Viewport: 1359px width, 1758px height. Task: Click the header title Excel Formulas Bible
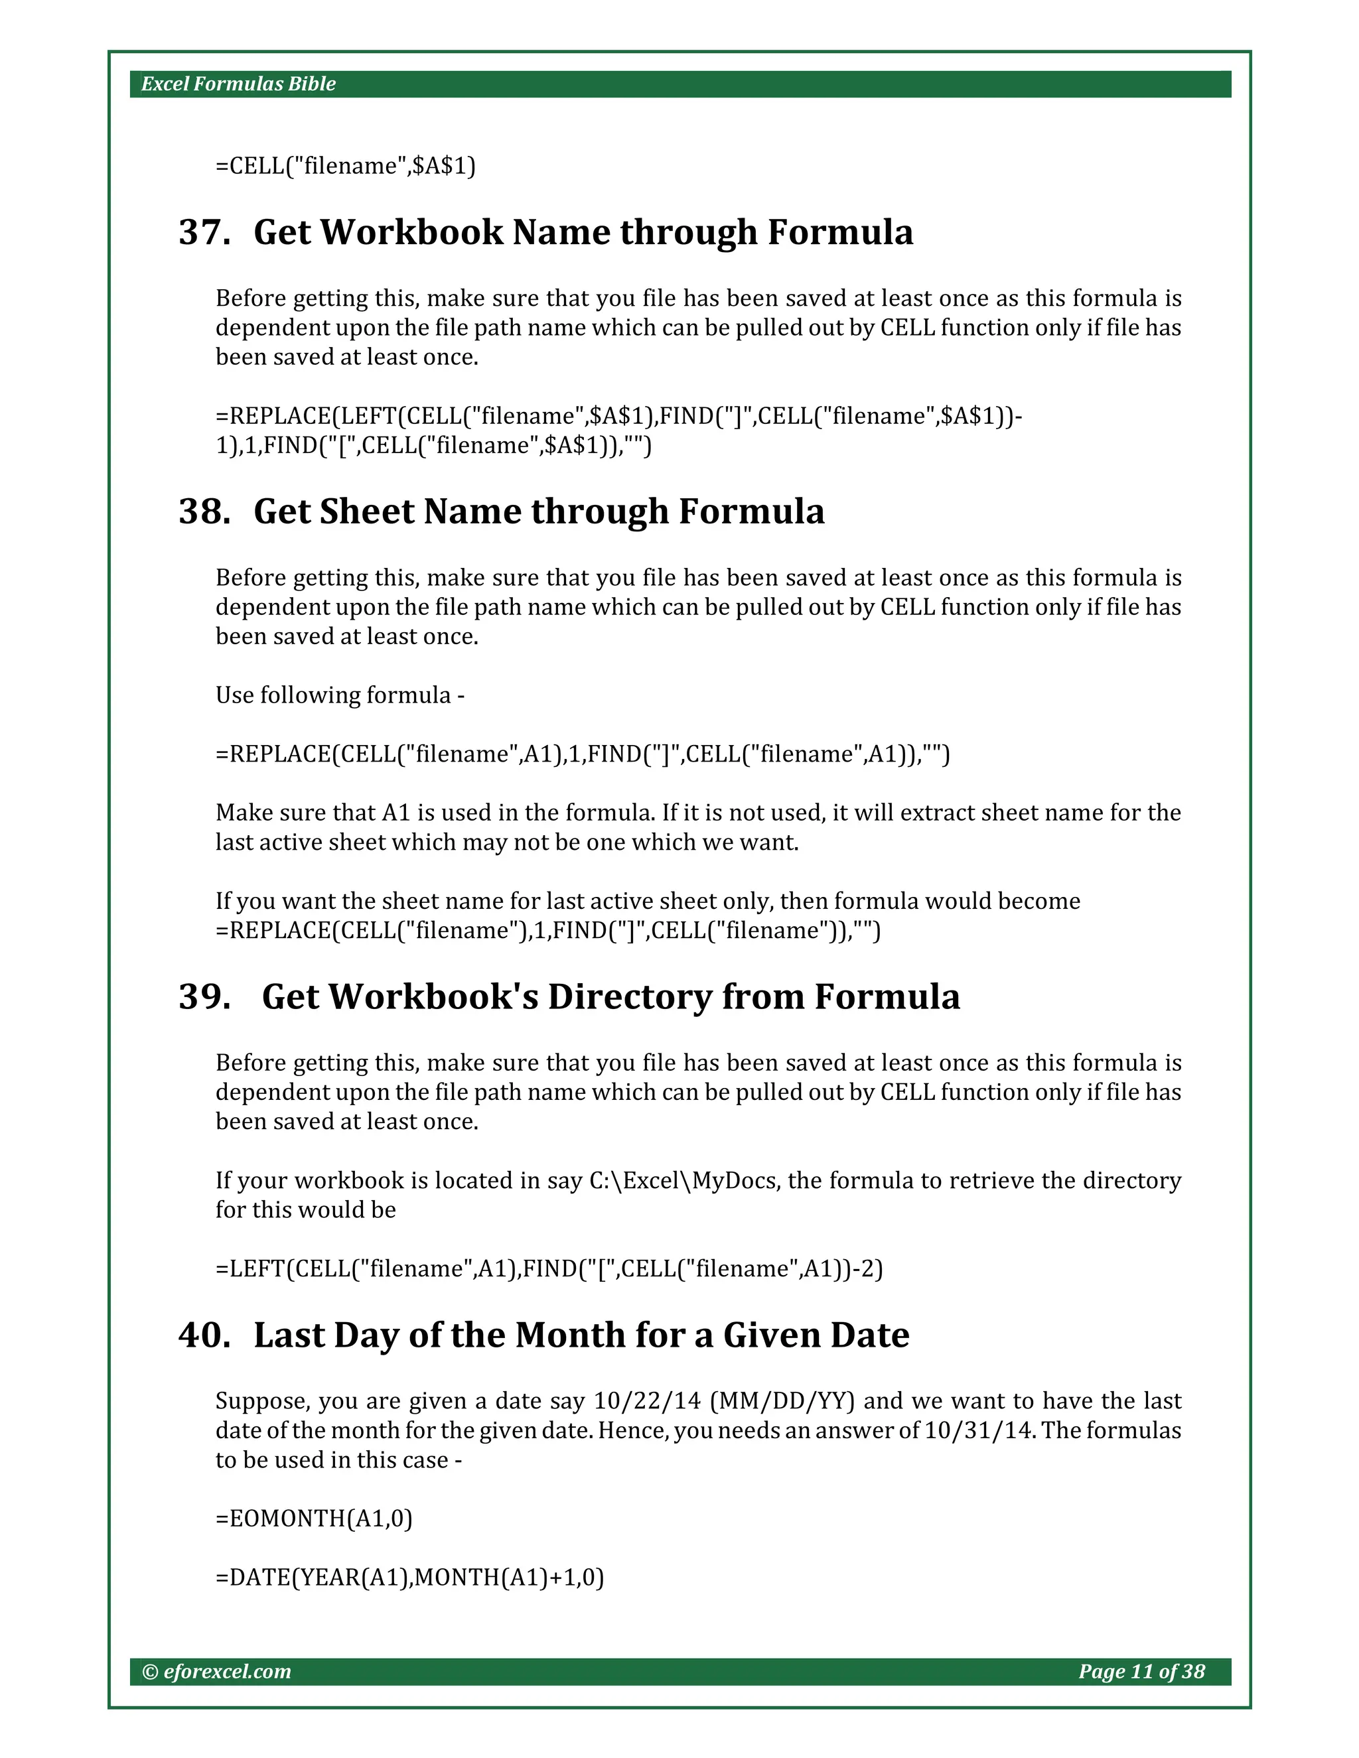point(238,84)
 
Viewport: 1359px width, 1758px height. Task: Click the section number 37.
point(204,233)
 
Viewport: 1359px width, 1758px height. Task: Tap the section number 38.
point(204,512)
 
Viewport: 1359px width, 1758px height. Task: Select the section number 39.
point(204,997)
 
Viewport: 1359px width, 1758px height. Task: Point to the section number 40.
point(204,1335)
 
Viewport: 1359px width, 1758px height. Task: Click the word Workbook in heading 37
point(411,233)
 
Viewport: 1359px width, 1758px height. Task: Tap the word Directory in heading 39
point(629,997)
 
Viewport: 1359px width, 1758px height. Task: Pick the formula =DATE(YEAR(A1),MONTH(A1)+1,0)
point(410,1577)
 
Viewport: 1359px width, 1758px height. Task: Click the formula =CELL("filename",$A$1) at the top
point(345,166)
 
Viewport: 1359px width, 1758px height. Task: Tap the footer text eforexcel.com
point(226,1672)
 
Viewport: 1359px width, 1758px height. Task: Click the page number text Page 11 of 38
point(1141,1672)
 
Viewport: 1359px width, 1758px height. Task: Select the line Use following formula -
point(340,695)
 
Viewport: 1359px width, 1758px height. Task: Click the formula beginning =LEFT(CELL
point(549,1268)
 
